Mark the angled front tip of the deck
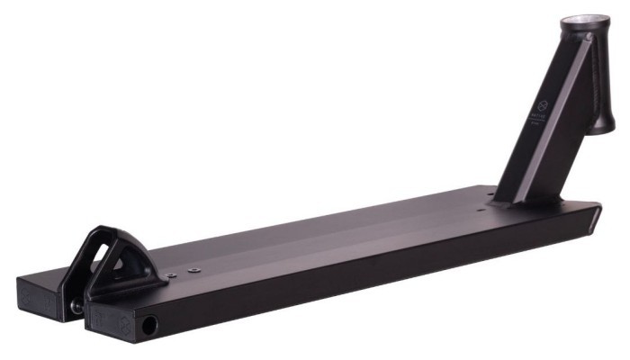point(597,217)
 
